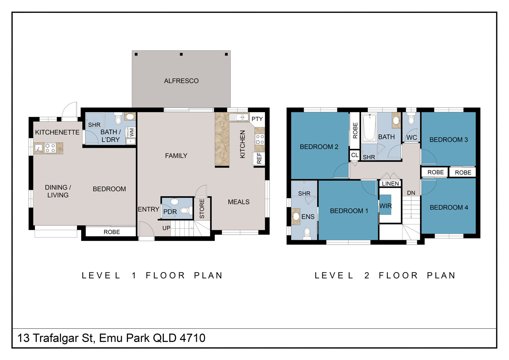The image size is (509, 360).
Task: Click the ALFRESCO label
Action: (x=181, y=81)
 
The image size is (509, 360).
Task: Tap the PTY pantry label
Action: (x=257, y=119)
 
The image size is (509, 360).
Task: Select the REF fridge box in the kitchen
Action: (x=259, y=158)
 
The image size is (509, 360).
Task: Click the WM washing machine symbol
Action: (x=132, y=132)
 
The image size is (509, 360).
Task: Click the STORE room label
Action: (x=202, y=209)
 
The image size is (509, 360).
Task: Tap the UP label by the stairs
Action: (x=166, y=228)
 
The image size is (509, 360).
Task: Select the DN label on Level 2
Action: (x=411, y=193)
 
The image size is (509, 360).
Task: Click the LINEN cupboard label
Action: (x=390, y=183)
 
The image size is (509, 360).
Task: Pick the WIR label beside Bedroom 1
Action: (x=385, y=206)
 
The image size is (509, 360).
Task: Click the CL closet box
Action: (x=355, y=155)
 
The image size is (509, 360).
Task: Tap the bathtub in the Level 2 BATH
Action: (x=369, y=128)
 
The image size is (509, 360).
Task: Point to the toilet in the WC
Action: (x=411, y=119)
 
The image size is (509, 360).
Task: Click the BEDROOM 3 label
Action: (x=449, y=140)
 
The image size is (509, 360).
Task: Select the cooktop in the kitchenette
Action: (x=50, y=148)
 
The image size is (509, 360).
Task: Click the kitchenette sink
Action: (x=38, y=148)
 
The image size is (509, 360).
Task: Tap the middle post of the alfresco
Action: (x=181, y=54)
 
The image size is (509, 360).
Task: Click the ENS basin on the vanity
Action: (x=296, y=216)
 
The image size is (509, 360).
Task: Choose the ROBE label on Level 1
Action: (x=112, y=232)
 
